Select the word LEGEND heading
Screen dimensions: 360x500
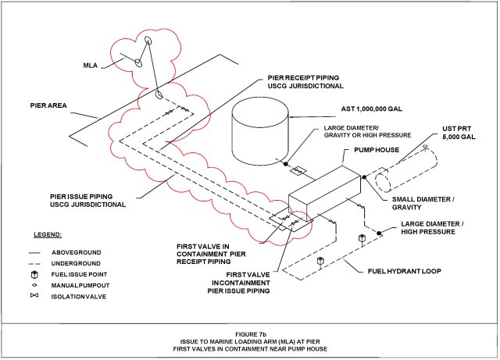pos(48,233)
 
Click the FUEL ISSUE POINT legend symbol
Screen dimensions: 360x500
pos(35,275)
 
